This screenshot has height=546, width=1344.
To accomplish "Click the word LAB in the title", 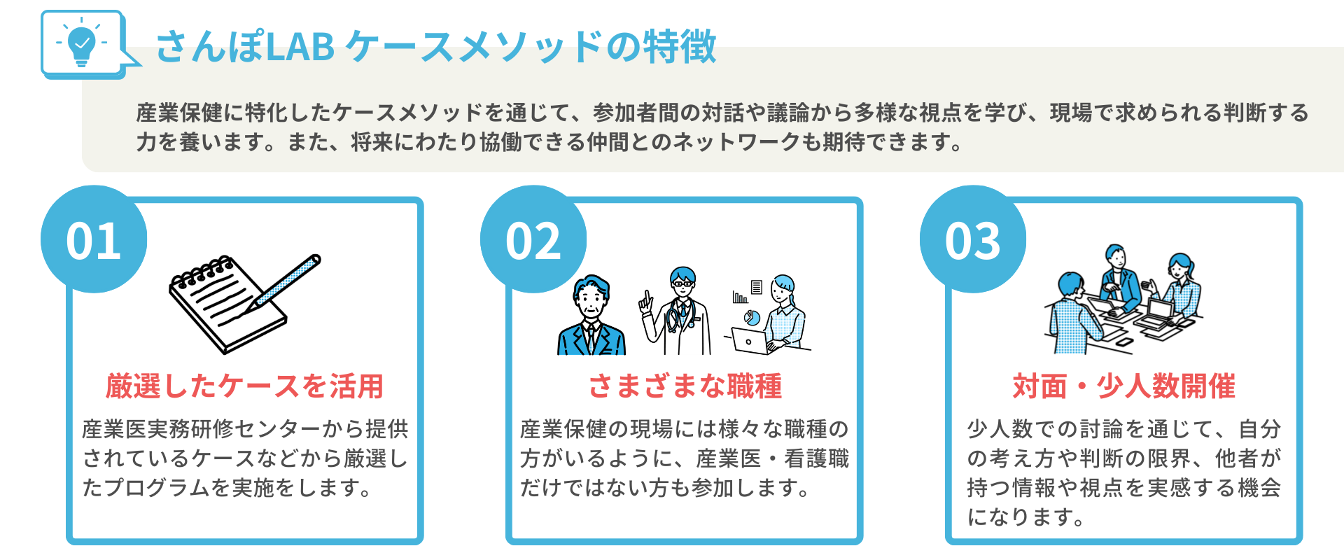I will coord(300,47).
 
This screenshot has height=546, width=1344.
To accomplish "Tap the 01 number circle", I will coord(94,240).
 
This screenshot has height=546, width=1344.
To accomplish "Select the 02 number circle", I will coord(533,240).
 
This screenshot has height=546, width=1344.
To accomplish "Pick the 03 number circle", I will coord(973,240).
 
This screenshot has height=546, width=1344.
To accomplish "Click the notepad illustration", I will coord(224,308).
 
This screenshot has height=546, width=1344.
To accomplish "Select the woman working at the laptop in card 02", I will coord(783,315).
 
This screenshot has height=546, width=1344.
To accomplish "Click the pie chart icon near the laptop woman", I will coord(752,318).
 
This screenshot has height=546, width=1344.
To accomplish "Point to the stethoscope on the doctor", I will coord(676,318).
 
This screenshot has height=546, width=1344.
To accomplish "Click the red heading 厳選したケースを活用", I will coord(244,386).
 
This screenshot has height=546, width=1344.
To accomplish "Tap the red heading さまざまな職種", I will coord(685,386).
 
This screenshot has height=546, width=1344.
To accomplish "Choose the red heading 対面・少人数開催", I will coord(1123,386).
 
